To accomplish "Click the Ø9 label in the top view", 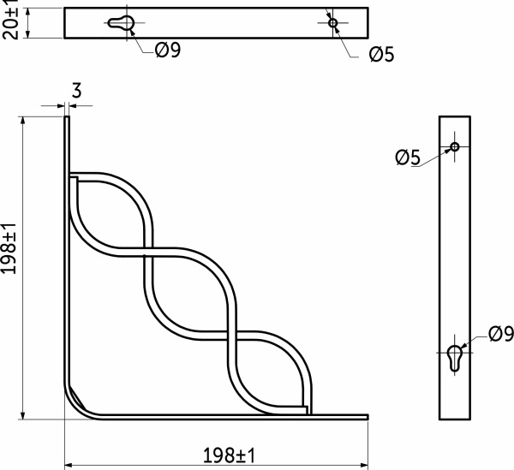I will [168, 51].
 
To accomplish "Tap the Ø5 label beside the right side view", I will [408, 157].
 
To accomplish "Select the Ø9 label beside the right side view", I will [500, 333].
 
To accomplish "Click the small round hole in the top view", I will [333, 23].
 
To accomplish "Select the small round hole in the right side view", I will [455, 147].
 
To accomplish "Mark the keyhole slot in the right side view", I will [455, 357].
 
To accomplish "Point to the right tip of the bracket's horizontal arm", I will [366, 417].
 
